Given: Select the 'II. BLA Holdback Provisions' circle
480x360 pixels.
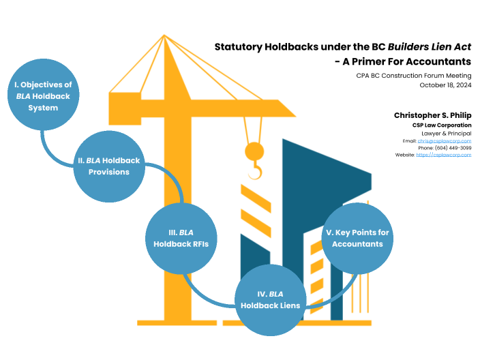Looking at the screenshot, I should tap(109, 166).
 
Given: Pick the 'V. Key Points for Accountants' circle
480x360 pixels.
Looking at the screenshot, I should tap(357, 238).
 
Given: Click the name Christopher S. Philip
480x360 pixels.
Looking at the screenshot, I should tap(432, 115).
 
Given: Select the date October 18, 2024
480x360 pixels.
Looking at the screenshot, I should tap(445, 85).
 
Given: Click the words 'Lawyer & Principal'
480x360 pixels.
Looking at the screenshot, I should tap(447, 133).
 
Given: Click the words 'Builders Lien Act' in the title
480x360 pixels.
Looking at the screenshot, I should tap(430, 47).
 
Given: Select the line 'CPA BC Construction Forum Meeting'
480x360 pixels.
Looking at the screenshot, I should tap(413, 76).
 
